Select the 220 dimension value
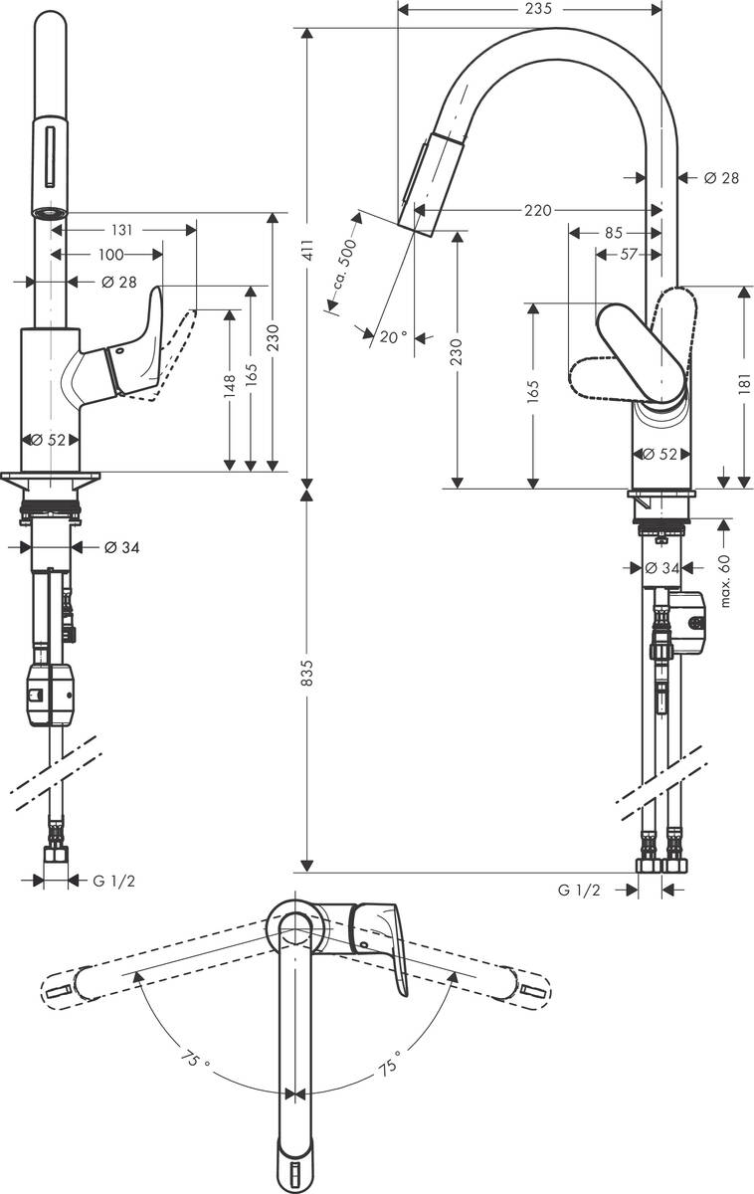point(537,210)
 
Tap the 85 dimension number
point(613,233)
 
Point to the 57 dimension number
point(629,255)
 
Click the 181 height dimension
point(744,385)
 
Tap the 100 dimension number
point(111,255)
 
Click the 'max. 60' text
point(726,580)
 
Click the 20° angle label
point(393,336)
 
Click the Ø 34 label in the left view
point(120,546)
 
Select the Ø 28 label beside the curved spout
point(721,178)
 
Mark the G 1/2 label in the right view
point(580,890)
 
